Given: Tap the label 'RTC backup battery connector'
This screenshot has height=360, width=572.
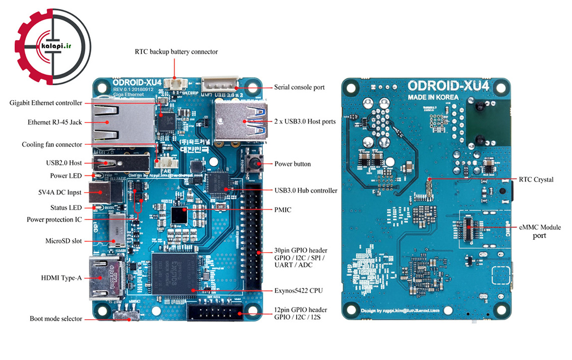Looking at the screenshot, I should tap(176, 51).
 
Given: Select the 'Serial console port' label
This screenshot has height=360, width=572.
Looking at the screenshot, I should tap(299, 87).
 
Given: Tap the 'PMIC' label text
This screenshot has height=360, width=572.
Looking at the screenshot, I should tap(282, 209).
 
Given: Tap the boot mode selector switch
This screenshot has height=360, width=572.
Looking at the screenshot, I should tap(127, 316).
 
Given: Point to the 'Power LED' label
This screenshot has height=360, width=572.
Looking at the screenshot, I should tap(66, 176).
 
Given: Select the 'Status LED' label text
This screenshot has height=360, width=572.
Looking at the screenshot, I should tap(66, 208).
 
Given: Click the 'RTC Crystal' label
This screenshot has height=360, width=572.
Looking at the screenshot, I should tap(536, 179).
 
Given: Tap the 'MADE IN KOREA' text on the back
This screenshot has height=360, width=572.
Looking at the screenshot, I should tap(433, 97).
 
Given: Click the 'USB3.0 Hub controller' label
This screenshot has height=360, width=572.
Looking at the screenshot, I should tap(306, 191).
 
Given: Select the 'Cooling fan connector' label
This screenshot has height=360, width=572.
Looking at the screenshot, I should tap(52, 145).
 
